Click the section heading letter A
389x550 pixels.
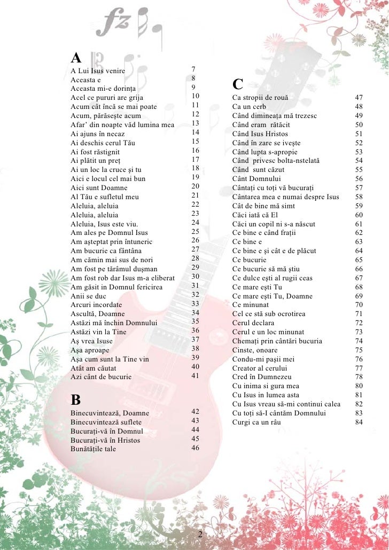tap(76, 57)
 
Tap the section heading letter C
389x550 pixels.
tap(238, 84)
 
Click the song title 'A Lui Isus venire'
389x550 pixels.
tap(98, 70)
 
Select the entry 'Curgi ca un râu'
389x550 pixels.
tap(256, 422)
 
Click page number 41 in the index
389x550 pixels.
tap(195, 376)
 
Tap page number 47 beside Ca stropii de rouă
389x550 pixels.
tap(359, 98)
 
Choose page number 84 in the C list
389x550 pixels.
tap(359, 422)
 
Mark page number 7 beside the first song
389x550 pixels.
tap(193, 69)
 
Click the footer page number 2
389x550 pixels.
tap(200, 535)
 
